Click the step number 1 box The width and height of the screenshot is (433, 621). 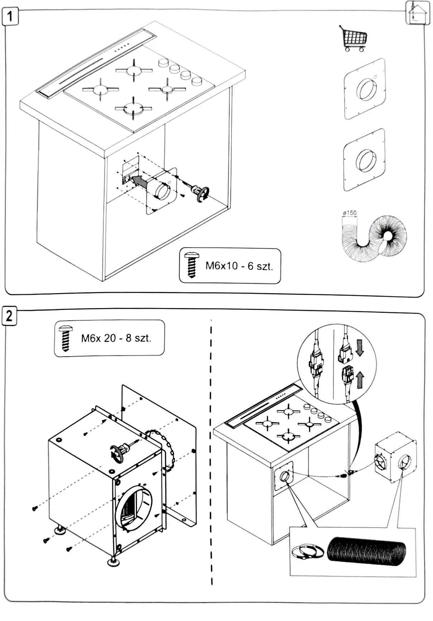(10, 16)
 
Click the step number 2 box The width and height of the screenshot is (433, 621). (9, 316)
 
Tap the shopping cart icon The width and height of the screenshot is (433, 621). (353, 38)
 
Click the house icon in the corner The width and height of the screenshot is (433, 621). (417, 13)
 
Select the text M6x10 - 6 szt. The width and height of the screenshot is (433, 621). (239, 266)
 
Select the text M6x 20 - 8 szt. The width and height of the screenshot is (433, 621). (116, 338)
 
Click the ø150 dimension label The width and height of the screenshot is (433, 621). (349, 213)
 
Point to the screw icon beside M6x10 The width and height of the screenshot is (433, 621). (192, 265)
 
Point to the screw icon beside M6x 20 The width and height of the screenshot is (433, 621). (66, 338)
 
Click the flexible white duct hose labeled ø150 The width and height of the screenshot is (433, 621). (373, 237)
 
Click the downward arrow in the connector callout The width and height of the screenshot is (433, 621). (360, 348)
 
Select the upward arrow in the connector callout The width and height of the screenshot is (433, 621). (360, 380)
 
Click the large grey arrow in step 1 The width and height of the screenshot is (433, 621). (139, 181)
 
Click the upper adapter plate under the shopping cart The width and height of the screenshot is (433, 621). (365, 89)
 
